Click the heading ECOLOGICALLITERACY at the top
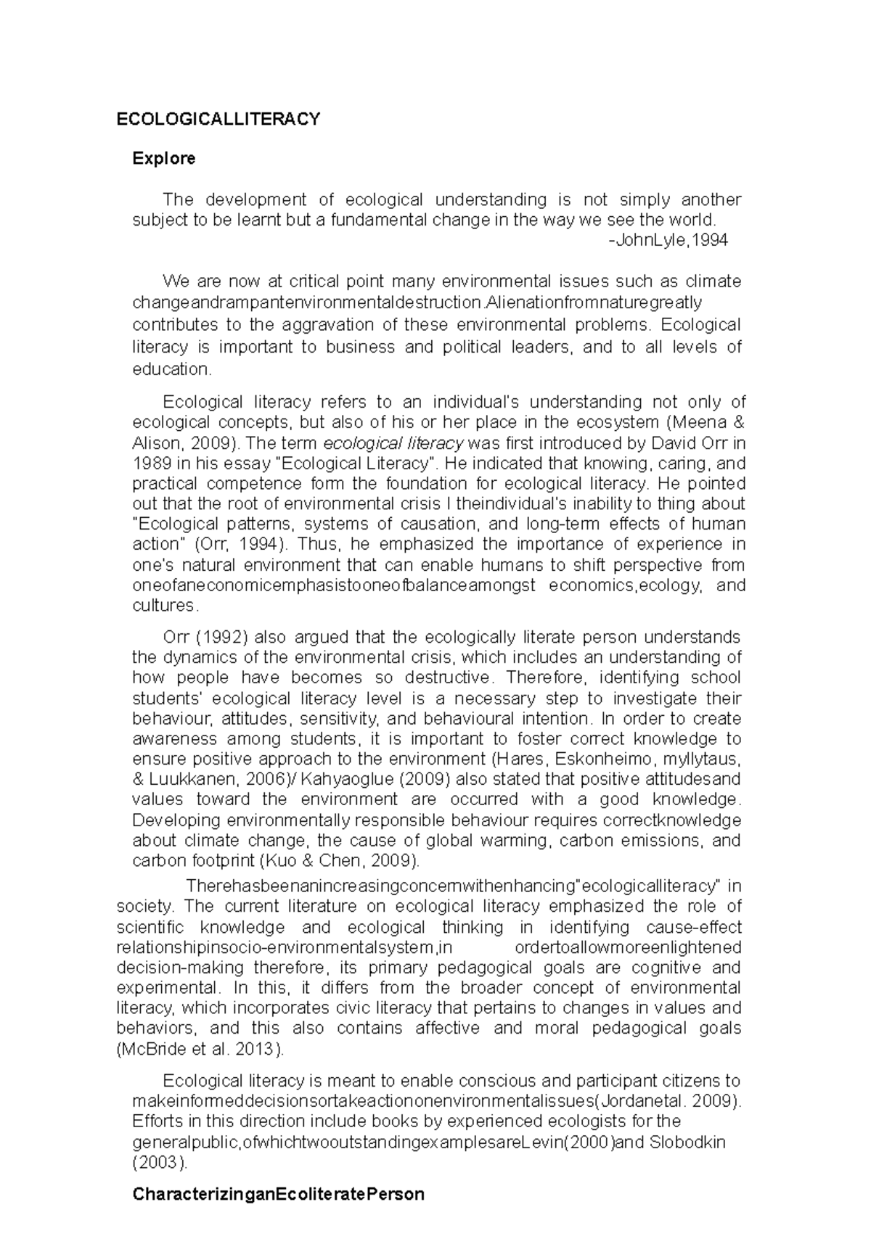coord(218,119)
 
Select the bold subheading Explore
coord(163,158)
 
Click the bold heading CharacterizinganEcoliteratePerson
coord(278,1194)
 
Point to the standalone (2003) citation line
coord(160,1163)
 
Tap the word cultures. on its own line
coord(165,605)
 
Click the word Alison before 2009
coord(154,443)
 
